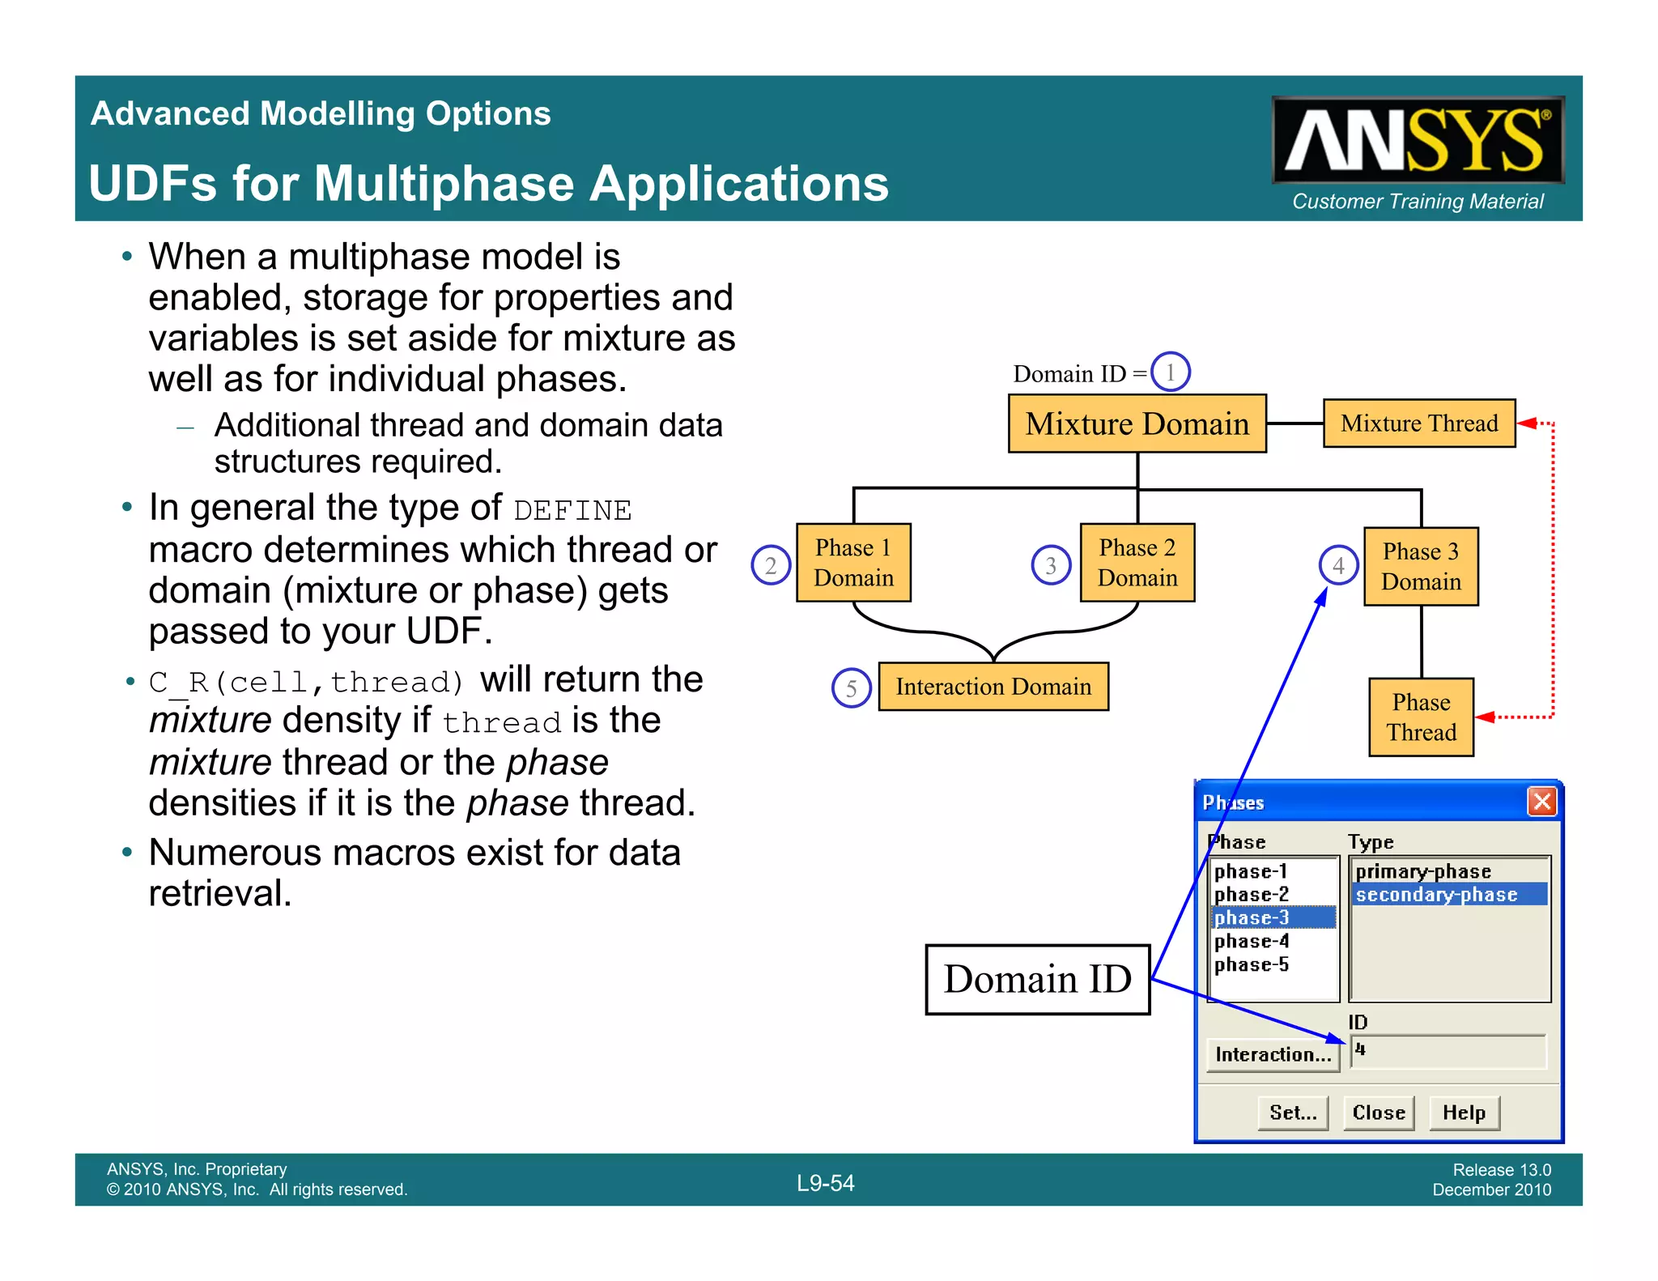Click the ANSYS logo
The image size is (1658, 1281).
[1417, 139]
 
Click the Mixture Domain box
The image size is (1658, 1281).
[1137, 423]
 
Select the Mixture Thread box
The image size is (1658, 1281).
[1418, 423]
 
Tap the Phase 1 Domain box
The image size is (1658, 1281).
[853, 563]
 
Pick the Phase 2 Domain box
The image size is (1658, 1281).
[1137, 563]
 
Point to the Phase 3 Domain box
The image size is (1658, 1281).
[1421, 567]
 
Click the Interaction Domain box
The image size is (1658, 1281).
[993, 687]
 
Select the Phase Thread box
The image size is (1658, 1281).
[1421, 717]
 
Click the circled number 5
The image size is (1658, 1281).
[851, 688]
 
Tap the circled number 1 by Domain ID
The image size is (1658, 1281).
[1170, 372]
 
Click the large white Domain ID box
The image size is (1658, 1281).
[1037, 979]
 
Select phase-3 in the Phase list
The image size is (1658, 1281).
[1271, 917]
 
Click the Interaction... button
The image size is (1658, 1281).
[1273, 1054]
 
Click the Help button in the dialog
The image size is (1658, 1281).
[1464, 1113]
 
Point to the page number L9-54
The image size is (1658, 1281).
[825, 1183]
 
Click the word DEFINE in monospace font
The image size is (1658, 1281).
[572, 511]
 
